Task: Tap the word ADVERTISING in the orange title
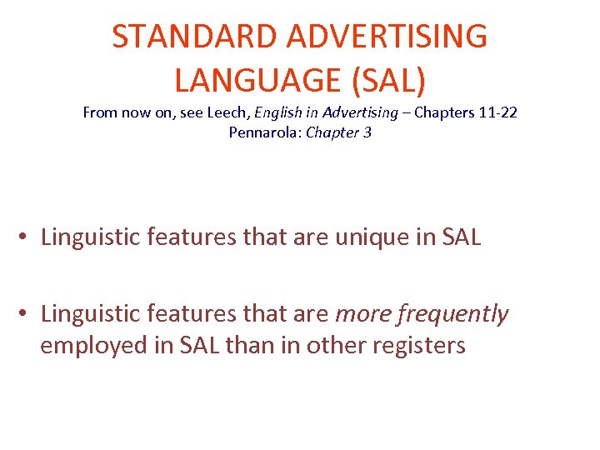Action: point(387,37)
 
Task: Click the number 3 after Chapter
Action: point(367,132)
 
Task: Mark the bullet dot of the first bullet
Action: point(27,237)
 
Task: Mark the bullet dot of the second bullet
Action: point(27,315)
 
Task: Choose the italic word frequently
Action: point(455,314)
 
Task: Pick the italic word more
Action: point(363,314)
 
